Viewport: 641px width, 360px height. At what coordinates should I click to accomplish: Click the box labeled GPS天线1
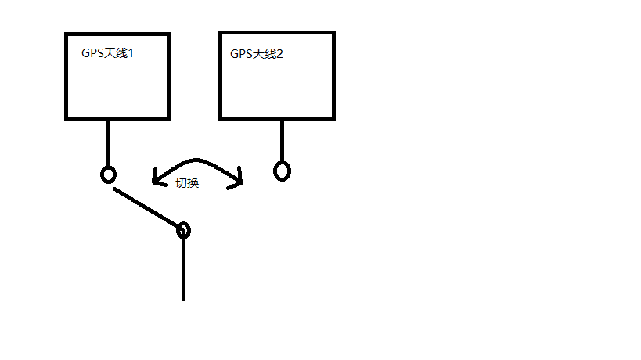(117, 86)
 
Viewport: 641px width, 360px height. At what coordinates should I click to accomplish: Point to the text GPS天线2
(257, 54)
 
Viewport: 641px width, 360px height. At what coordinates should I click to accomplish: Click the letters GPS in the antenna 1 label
(92, 54)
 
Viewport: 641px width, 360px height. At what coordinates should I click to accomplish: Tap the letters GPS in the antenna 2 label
(240, 54)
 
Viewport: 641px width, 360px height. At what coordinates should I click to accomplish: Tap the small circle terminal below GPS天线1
(109, 175)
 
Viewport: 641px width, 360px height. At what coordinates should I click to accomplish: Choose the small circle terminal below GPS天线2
(282, 171)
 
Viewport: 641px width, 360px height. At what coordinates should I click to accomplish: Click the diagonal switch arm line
(146, 208)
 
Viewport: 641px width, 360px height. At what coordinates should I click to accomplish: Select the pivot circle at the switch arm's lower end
(183, 230)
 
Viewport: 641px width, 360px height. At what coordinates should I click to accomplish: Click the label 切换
(188, 183)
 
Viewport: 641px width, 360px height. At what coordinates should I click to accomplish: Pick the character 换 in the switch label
(193, 183)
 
